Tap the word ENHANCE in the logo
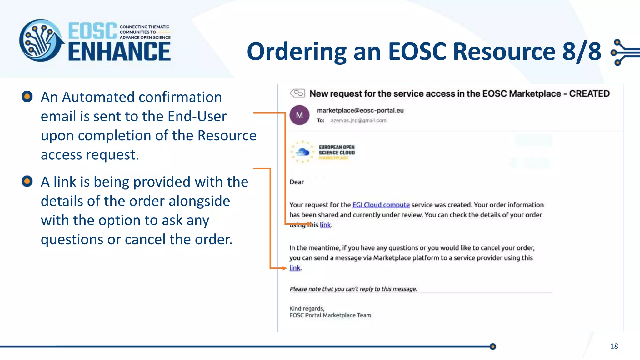coord(119,52)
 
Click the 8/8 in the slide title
coord(582,52)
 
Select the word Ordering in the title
coord(297,52)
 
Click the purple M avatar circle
coord(299,115)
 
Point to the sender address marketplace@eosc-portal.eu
coord(360,110)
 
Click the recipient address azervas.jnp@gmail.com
coord(358,120)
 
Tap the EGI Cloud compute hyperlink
coord(381,205)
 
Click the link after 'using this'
coord(325,225)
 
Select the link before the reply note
coord(295,268)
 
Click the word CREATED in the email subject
coord(589,93)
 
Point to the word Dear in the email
coord(297,182)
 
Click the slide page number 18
coord(614,346)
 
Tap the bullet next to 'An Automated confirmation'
coord(27,97)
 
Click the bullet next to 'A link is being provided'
coord(27,181)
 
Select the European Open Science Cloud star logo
coord(302,152)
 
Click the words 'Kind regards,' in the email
coord(307,308)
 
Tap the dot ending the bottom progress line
coord(493,347)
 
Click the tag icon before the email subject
coord(297,93)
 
